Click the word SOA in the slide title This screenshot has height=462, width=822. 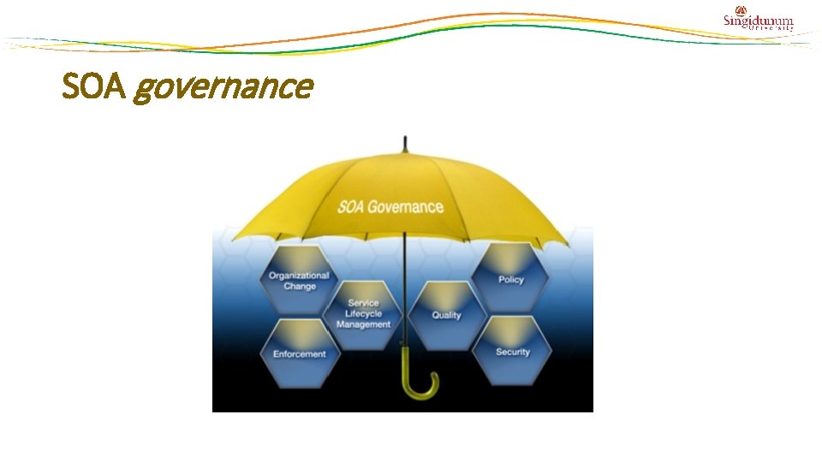pyautogui.click(x=94, y=86)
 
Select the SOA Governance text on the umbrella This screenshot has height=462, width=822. pyautogui.click(x=390, y=207)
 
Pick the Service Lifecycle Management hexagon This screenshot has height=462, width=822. pyautogui.click(x=364, y=314)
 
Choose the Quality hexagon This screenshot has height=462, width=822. pyautogui.click(x=446, y=314)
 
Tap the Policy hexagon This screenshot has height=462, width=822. pyautogui.click(x=511, y=278)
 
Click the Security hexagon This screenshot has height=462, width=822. pyautogui.click(x=512, y=351)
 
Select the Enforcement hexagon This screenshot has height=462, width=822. pyautogui.click(x=299, y=352)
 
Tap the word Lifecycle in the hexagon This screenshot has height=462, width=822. pyautogui.click(x=364, y=314)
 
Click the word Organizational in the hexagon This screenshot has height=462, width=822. pyautogui.click(x=299, y=275)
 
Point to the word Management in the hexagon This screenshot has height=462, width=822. pyautogui.click(x=364, y=325)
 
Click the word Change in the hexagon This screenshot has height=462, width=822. pyautogui.click(x=300, y=287)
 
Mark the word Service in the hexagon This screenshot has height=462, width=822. pyautogui.click(x=364, y=304)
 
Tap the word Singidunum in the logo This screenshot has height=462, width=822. pyautogui.click(x=759, y=21)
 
